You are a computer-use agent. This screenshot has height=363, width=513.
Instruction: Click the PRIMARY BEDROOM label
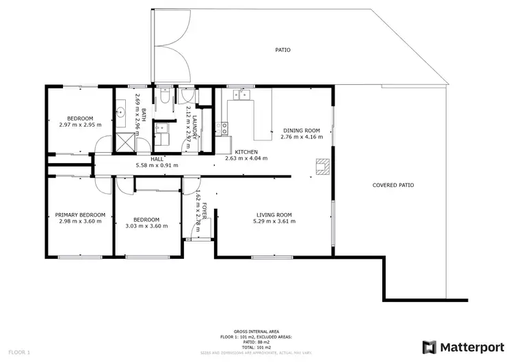[x=79, y=214]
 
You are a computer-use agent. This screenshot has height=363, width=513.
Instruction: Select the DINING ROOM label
[x=301, y=130]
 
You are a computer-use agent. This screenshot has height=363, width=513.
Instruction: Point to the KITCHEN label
[x=246, y=151]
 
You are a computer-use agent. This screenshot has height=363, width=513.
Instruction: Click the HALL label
[x=157, y=158]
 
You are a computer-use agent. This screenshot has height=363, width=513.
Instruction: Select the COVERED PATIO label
[x=393, y=185]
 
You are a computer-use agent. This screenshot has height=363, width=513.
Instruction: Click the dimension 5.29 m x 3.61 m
[x=274, y=221]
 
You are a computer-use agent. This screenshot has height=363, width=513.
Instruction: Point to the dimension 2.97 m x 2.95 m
[x=80, y=125]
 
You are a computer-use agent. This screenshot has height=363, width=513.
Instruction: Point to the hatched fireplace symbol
[x=321, y=164]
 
